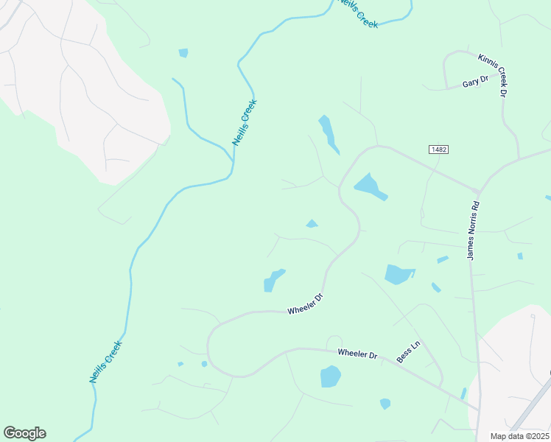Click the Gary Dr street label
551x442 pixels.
[x=475, y=82]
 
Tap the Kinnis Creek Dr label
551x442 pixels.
[x=493, y=75]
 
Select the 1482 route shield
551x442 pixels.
[x=438, y=150]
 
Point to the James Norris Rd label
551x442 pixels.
[x=473, y=231]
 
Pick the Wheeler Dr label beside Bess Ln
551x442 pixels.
[x=357, y=354]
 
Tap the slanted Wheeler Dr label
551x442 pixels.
[x=306, y=305]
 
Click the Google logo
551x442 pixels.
[x=24, y=433]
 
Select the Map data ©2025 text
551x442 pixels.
[x=519, y=436]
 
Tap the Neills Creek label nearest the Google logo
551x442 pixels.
[x=105, y=361]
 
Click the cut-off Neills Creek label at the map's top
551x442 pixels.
[x=358, y=13]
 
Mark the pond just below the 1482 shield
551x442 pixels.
[x=371, y=186]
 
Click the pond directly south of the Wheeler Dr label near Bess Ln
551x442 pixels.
[x=331, y=376]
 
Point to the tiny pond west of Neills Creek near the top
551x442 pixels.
[x=183, y=53]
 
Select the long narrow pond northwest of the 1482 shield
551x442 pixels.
[x=329, y=133]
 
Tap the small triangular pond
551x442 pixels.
[x=312, y=224]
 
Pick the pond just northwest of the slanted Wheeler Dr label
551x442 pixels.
[x=273, y=280]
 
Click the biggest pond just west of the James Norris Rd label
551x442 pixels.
[x=399, y=275]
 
